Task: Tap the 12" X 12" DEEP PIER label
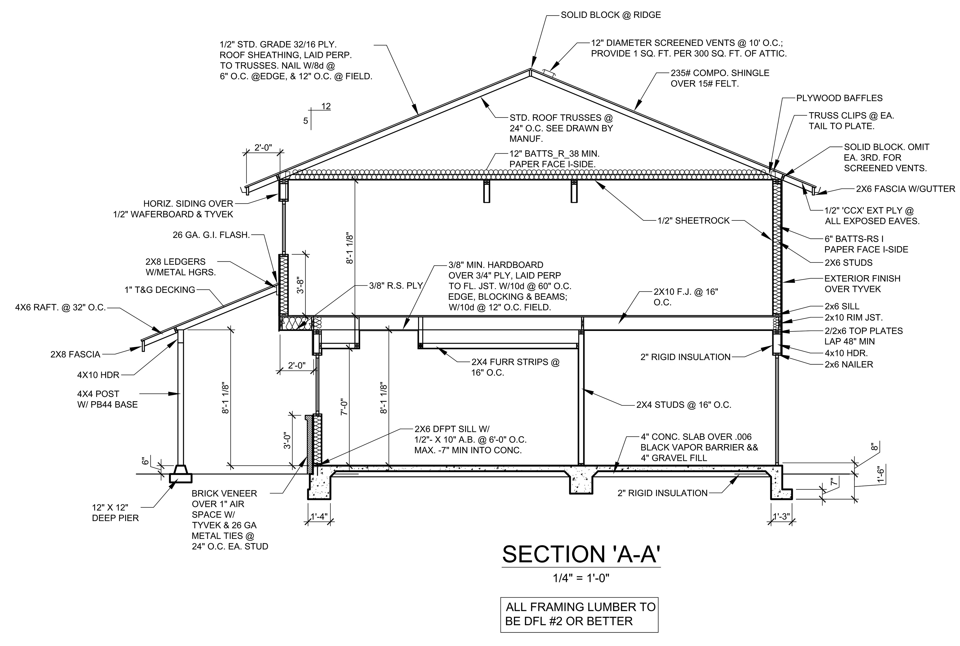(x=115, y=512)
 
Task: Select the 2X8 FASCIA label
(x=75, y=354)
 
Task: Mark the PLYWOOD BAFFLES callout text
(x=839, y=98)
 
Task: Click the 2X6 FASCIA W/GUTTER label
(x=905, y=189)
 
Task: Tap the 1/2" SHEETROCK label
(x=693, y=221)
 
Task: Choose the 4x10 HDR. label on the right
(x=846, y=353)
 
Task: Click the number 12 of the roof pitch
(x=326, y=106)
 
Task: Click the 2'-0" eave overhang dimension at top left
(x=263, y=147)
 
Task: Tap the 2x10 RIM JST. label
(x=853, y=318)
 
